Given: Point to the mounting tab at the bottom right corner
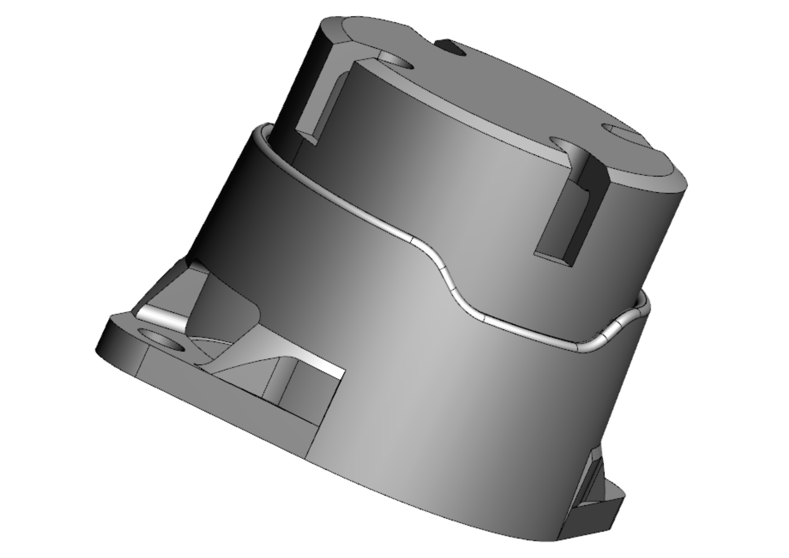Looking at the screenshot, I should (597, 493).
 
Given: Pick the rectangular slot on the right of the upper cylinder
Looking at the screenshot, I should (572, 217).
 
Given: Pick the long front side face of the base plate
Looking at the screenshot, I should (222, 395).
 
